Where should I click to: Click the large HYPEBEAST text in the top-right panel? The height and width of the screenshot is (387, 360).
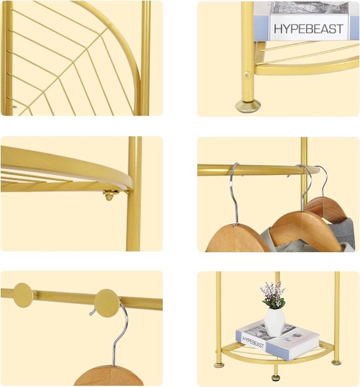pyautogui.click(x=308, y=29)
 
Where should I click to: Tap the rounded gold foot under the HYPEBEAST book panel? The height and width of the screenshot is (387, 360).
pyautogui.click(x=247, y=106)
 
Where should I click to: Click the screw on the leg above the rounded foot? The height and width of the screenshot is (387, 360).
pyautogui.click(x=247, y=75)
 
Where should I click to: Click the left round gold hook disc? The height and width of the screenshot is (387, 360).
pyautogui.click(x=23, y=295)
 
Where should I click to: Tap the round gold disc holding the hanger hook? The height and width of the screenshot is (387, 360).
pyautogui.click(x=107, y=303)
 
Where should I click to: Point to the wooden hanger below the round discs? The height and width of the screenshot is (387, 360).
pyautogui.click(x=109, y=375)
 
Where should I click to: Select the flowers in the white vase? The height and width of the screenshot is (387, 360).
pyautogui.click(x=273, y=295)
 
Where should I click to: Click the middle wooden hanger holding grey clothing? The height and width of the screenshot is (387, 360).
pyautogui.click(x=306, y=230)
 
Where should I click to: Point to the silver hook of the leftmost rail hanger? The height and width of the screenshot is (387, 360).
pyautogui.click(x=234, y=193)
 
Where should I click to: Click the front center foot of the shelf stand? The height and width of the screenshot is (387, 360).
pyautogui.click(x=276, y=377)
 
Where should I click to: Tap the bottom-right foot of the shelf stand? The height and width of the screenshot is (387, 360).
pyautogui.click(x=336, y=362)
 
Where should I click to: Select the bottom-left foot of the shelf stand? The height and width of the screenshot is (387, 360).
pyautogui.click(x=219, y=365)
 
